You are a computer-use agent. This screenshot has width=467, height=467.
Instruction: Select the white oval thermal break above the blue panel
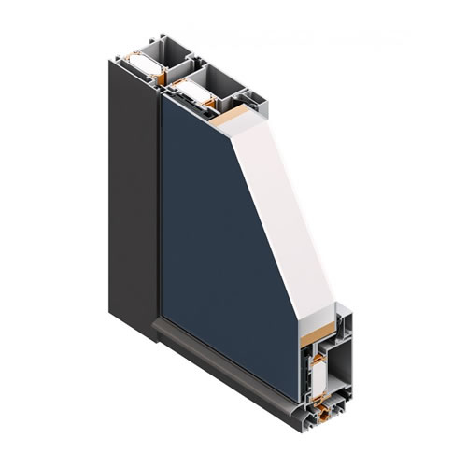coord(190,91)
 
